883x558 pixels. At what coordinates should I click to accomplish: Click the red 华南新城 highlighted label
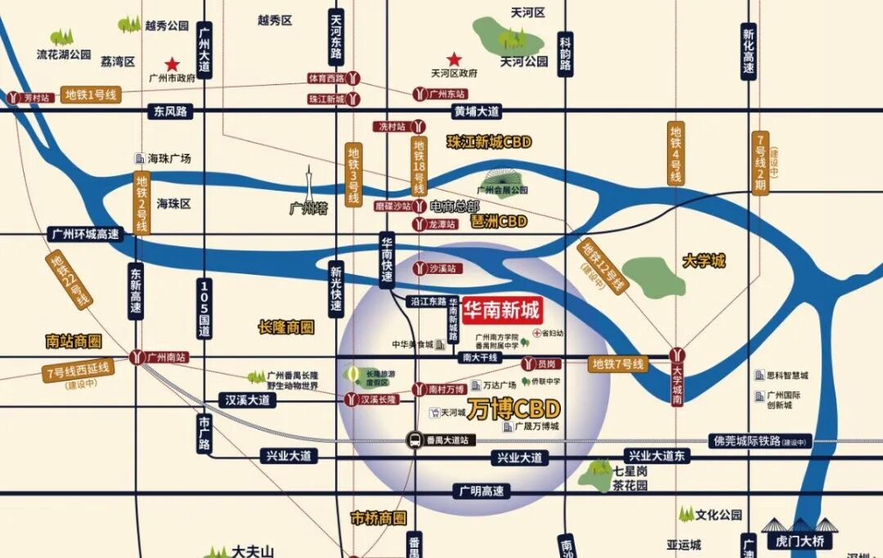point(501,311)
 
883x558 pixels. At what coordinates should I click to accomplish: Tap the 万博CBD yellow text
point(514,407)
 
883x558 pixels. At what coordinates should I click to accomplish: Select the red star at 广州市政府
point(172,64)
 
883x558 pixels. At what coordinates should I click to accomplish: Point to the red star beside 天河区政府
point(455,59)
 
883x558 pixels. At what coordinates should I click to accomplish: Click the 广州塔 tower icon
point(310,185)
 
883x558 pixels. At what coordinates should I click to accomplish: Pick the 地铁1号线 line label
point(92,96)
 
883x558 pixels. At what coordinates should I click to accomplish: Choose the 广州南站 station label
point(167,358)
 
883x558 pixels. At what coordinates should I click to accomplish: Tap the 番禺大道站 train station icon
point(415,441)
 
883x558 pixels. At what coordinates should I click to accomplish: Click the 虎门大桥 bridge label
point(796,542)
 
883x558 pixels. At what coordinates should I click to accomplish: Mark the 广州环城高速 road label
point(85,234)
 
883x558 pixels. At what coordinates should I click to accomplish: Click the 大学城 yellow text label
point(704,262)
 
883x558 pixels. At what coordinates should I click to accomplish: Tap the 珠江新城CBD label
point(489,142)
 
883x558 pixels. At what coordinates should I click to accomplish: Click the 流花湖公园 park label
point(64,54)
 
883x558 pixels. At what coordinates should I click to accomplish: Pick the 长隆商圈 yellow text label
point(285,327)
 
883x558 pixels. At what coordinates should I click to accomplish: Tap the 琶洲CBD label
point(499,222)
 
